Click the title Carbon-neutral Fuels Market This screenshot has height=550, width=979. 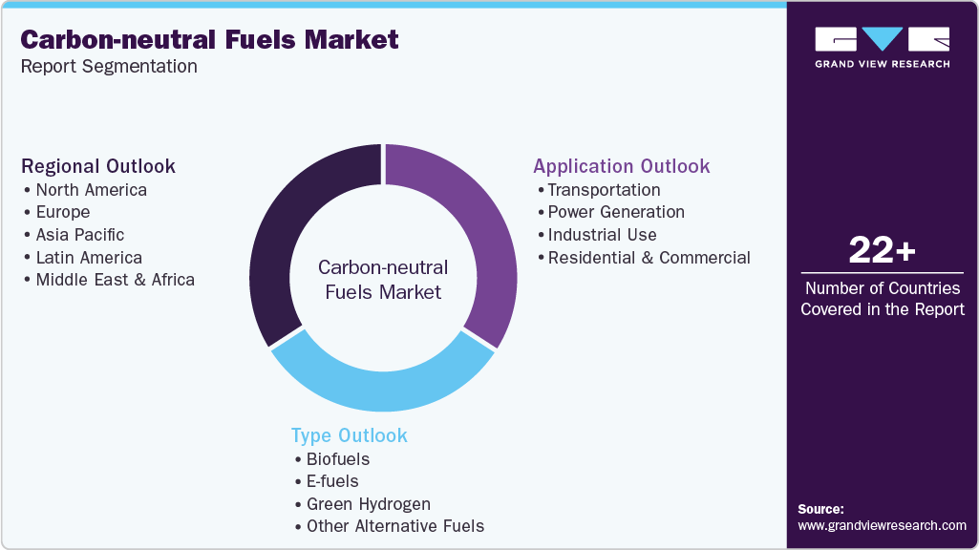tap(210, 39)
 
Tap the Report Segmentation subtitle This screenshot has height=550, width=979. tap(109, 67)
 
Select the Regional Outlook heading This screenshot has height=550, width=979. tap(98, 166)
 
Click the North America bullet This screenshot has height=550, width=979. tap(91, 189)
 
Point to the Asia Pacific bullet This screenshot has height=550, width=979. tap(79, 235)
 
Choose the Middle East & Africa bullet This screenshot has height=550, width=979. tap(115, 280)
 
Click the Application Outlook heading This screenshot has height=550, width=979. tap(621, 166)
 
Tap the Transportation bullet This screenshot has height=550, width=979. tap(604, 189)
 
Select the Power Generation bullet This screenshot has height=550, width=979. tap(616, 212)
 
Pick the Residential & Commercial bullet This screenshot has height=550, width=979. tap(649, 258)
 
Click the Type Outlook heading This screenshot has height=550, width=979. tap(349, 435)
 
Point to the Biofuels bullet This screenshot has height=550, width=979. tap(337, 458)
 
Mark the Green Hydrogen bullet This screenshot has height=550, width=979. tap(368, 504)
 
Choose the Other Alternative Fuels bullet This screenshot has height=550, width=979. tap(394, 526)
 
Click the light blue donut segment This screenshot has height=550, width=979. tap(382, 376)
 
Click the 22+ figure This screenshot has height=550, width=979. tap(882, 252)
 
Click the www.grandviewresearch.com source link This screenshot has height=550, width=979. tap(882, 525)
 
